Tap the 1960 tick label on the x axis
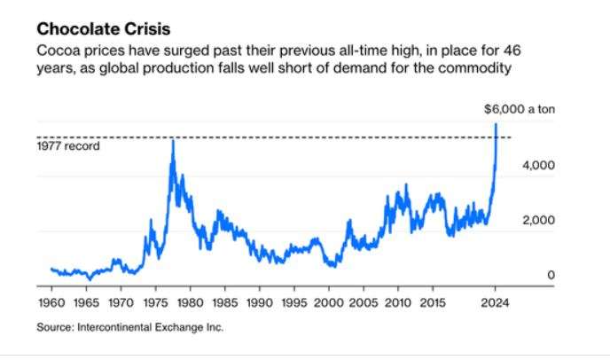tap(52, 301)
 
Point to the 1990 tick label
tap(260, 301)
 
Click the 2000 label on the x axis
tap(329, 301)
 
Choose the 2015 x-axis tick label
tap(433, 301)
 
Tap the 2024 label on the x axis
tap(496, 301)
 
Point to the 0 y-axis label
tap(550, 276)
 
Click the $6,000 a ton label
tap(520, 110)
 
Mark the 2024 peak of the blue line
tap(496, 123)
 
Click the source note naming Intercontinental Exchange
tap(130, 327)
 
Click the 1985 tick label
tap(225, 301)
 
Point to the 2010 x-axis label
tap(398, 301)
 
